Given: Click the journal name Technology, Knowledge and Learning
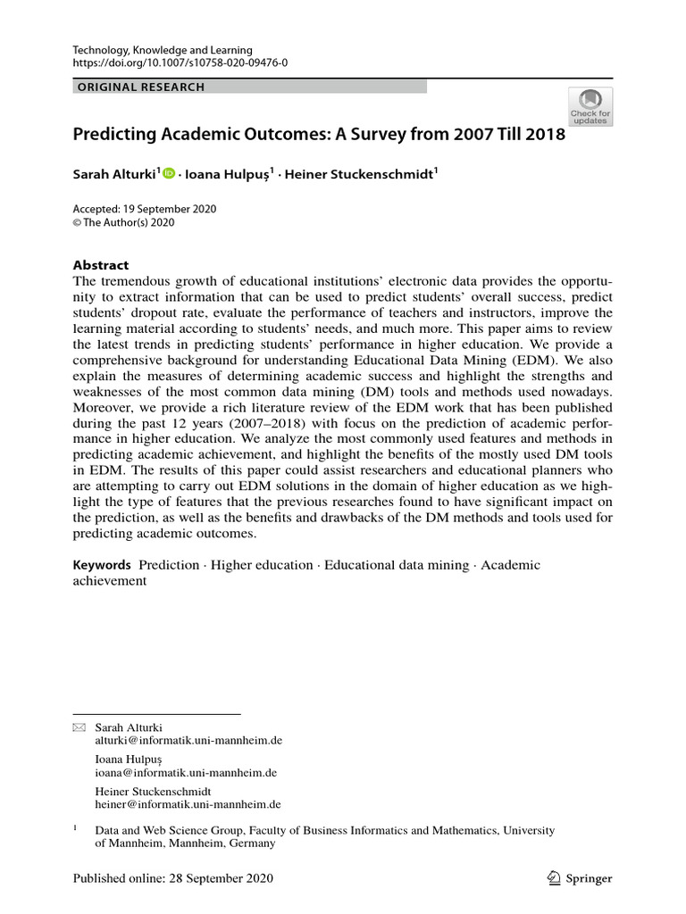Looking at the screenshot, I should click(x=162, y=50).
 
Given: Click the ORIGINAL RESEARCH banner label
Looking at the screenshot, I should click(x=141, y=87).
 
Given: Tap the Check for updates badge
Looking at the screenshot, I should click(x=590, y=106).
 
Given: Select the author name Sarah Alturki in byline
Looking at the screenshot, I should click(x=113, y=175).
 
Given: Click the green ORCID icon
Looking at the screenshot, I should click(x=169, y=175).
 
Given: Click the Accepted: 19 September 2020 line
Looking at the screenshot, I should click(x=144, y=209).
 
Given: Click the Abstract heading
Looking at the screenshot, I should click(x=101, y=265).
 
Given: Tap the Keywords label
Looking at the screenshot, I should click(x=102, y=565).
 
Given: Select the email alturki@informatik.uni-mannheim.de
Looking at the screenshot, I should click(x=188, y=742).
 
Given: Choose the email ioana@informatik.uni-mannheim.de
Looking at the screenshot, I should click(x=185, y=773).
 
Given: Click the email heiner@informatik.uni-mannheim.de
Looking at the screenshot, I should click(x=188, y=804).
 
